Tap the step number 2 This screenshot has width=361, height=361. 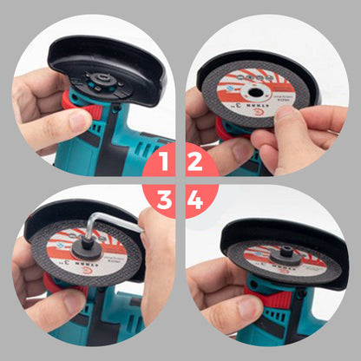click(195, 161)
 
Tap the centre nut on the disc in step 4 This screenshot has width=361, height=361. click(286, 256)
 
